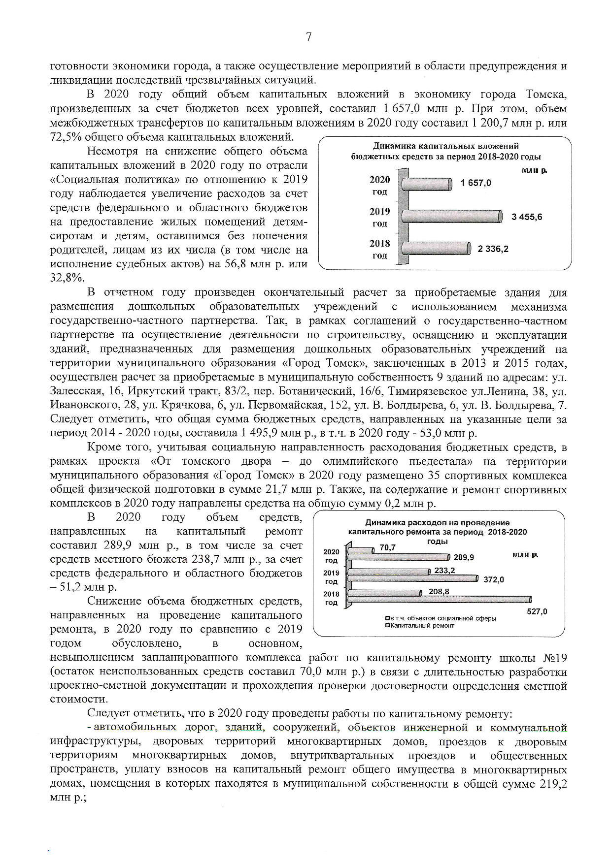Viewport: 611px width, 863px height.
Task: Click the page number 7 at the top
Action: click(308, 37)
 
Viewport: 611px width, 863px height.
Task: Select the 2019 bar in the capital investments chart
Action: click(452, 217)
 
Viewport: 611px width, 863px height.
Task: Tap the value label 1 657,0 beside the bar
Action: click(475, 183)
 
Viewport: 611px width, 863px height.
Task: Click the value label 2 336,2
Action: click(493, 249)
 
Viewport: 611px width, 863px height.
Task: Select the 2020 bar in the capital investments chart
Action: click(427, 184)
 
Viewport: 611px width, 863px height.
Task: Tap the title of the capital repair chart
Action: click(437, 532)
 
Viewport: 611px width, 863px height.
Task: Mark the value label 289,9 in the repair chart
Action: click(464, 557)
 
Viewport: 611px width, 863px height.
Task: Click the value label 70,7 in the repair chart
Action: click(388, 547)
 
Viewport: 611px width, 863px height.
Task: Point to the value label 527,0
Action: click(537, 611)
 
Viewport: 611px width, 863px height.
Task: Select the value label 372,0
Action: click(493, 579)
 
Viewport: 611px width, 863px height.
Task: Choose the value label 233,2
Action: click(444, 571)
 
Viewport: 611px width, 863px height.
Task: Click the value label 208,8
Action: click(439, 591)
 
